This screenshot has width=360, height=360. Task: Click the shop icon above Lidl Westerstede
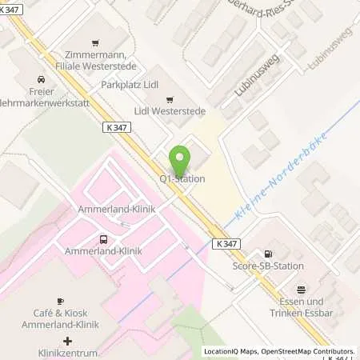(170, 99)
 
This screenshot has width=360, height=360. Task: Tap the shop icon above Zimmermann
(95, 42)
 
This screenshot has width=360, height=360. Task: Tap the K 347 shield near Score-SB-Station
(227, 243)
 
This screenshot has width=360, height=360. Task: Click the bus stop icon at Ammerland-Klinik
(102, 238)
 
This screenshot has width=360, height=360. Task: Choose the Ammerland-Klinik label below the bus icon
(103, 250)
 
